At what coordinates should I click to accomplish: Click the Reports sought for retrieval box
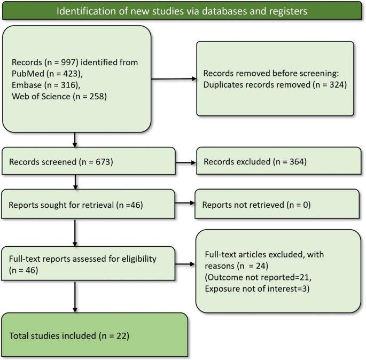click(x=89, y=204)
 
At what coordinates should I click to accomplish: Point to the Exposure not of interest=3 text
click(x=251, y=289)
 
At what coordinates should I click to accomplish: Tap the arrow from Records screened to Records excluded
click(x=185, y=162)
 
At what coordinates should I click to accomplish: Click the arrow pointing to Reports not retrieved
click(x=184, y=204)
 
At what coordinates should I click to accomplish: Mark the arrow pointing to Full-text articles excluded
click(x=185, y=263)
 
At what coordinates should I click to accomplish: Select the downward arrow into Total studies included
click(x=74, y=299)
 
